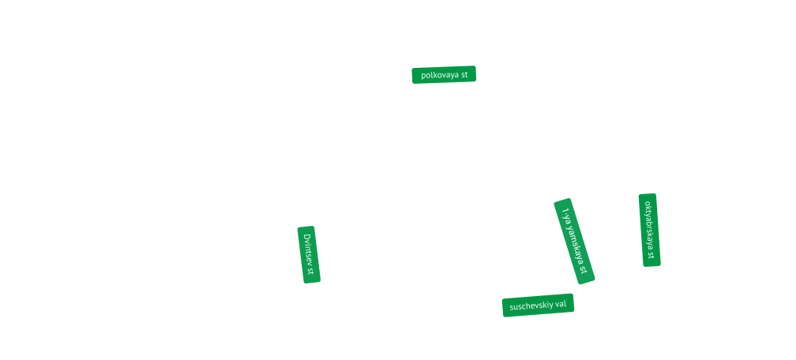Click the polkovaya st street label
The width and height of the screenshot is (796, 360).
[444, 75]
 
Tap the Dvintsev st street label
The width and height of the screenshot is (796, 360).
[308, 254]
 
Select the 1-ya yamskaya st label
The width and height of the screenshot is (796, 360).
[574, 241]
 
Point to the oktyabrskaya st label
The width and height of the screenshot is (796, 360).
[649, 230]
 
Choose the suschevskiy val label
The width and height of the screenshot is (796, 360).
[538, 305]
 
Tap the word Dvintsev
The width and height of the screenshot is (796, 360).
[308, 249]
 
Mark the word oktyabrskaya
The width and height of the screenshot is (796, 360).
[649, 224]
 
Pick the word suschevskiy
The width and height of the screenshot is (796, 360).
[531, 306]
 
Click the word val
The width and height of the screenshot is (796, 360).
[561, 305]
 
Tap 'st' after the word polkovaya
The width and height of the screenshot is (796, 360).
[464, 75]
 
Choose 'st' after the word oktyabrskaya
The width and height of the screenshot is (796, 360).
[650, 254]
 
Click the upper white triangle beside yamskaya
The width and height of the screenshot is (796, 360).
[584, 217]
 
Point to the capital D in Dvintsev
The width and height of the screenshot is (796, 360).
[308, 238]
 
